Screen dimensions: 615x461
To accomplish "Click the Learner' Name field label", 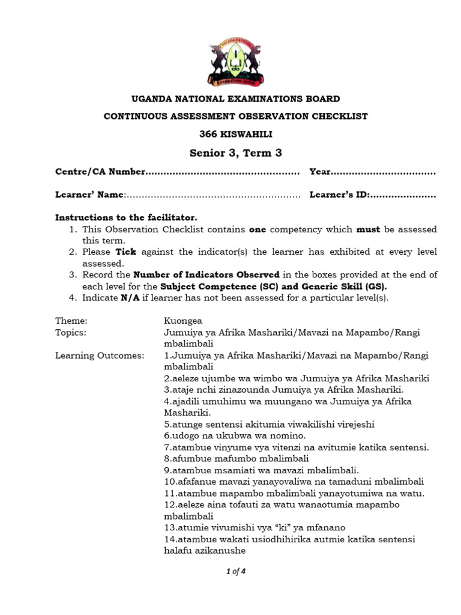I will pos(89,195).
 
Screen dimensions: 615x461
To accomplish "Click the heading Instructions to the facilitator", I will pos(126,217).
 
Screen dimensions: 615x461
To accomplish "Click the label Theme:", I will pos(71,321).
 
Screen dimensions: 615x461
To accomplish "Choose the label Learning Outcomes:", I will pos(100,356).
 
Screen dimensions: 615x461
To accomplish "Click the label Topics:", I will pos(71,332).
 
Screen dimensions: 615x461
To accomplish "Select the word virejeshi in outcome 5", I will pos(354,424).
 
